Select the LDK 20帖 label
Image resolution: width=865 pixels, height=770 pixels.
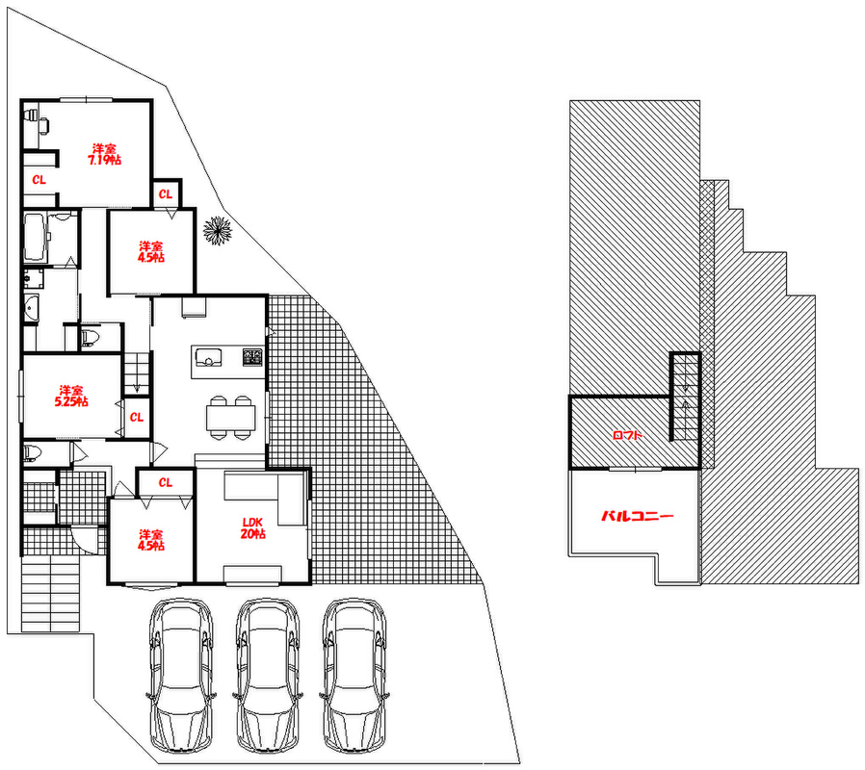pos(252,527)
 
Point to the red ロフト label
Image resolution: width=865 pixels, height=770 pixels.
pos(627,435)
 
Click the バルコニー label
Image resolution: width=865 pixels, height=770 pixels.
pos(637,516)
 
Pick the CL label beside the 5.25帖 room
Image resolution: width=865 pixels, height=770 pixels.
pos(137,418)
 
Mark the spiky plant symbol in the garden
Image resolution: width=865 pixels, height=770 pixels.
pos(218,231)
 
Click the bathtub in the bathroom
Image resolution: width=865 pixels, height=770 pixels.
pos(34,238)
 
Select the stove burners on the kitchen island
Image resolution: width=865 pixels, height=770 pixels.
pos(252,358)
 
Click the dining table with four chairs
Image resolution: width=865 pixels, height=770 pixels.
pos(230,416)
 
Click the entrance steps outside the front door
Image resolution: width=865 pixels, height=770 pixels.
pos(49,592)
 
